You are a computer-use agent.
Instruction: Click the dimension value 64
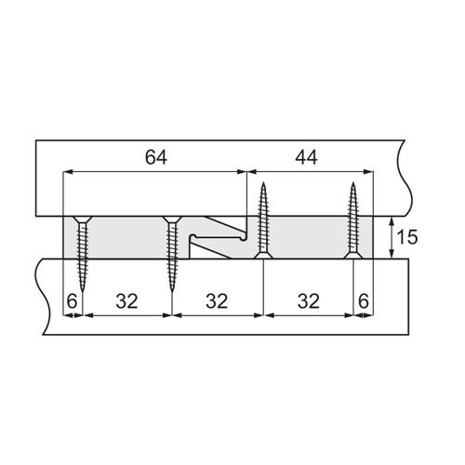pos(156,157)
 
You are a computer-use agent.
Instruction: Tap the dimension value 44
pos(306,157)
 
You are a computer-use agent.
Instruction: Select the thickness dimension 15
pos(407,237)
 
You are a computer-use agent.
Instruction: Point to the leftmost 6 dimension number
pos(72,301)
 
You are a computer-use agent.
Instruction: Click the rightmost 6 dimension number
pos(364,301)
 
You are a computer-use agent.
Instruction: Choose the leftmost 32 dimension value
pos(126,301)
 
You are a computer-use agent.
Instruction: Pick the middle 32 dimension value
pos(217,301)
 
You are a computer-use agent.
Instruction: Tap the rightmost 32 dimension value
pos(309,301)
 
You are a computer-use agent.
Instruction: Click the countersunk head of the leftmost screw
pos(82,219)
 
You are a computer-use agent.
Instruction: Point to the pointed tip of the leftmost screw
pos(82,290)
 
